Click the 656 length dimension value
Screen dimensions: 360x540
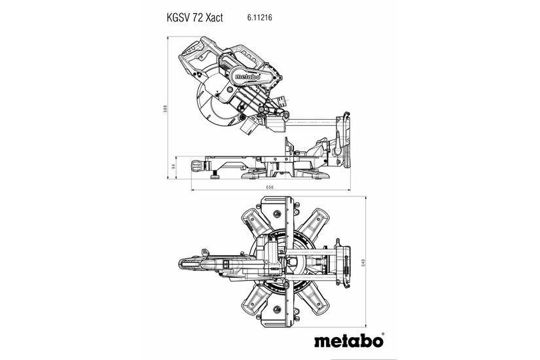pos(270,188)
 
